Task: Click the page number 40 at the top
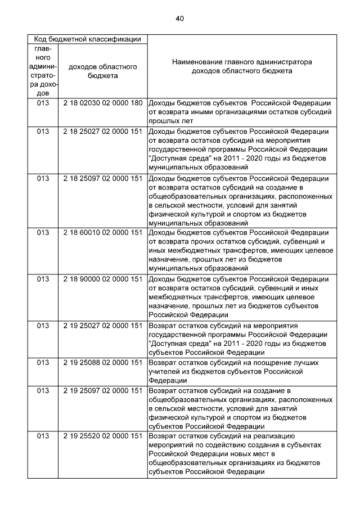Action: [x=179, y=19]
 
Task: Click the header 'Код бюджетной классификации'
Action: [x=87, y=39]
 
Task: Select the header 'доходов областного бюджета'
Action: [x=102, y=71]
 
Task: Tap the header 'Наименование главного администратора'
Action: [x=242, y=62]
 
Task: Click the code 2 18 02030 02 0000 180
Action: [x=102, y=103]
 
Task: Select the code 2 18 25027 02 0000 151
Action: [x=102, y=132]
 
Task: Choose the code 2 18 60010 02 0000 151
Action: [x=102, y=232]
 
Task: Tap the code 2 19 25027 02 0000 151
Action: [x=102, y=326]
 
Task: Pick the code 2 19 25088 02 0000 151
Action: [x=102, y=363]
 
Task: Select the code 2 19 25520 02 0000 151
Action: [x=102, y=436]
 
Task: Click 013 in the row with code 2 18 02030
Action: [x=43, y=103]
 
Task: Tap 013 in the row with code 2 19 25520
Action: [x=43, y=436]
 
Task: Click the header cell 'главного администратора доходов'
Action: [x=43, y=71]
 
